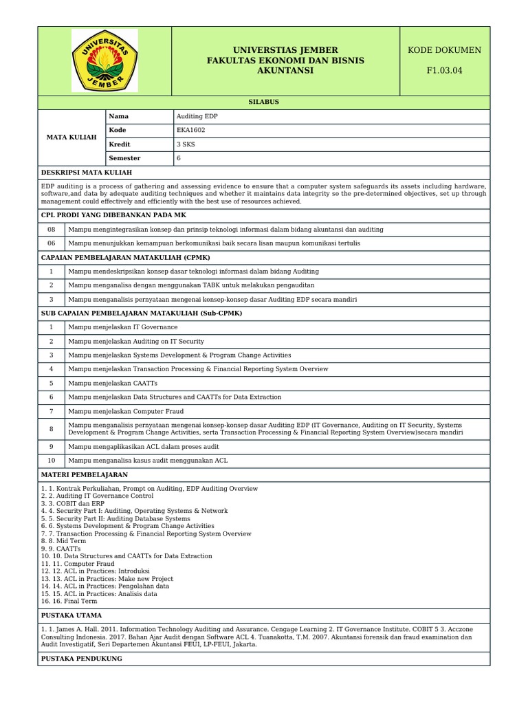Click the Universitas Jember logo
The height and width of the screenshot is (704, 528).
[x=104, y=60]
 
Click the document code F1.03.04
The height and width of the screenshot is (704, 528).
[x=444, y=70]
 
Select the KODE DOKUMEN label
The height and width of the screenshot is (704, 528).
[x=444, y=50]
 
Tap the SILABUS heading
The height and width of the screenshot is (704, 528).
[x=263, y=102]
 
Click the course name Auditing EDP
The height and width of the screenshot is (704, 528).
[x=197, y=116]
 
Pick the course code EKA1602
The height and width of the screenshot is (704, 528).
[x=191, y=130]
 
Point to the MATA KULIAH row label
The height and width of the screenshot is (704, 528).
[x=71, y=137]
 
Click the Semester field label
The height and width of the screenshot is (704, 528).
[x=124, y=158]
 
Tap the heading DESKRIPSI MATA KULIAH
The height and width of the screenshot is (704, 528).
[x=87, y=173]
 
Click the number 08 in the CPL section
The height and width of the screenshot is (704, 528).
[x=51, y=229]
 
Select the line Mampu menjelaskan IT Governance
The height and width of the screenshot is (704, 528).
[x=122, y=327]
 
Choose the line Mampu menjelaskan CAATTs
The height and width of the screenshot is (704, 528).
[x=113, y=383]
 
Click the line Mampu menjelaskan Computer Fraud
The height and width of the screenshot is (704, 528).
[x=126, y=411]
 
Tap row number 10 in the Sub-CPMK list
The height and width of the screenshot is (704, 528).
[x=51, y=461]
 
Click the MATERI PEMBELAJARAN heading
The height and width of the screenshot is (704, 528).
[x=85, y=475]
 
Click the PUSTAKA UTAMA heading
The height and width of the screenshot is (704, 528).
[x=72, y=615]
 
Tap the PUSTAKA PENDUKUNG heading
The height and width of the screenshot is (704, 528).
[x=82, y=659]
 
